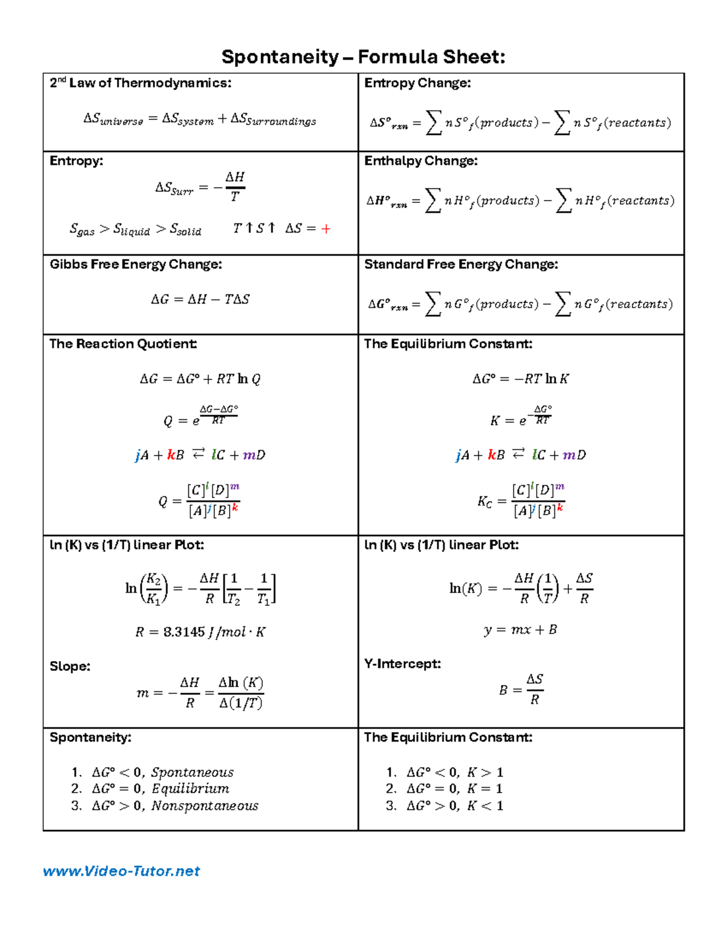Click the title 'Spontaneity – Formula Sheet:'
click(363, 57)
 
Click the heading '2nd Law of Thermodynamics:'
click(141, 83)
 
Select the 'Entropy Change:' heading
click(417, 83)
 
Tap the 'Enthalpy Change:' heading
click(420, 161)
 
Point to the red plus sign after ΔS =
click(326, 229)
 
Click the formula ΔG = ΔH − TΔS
click(200, 299)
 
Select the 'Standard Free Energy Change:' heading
click(460, 265)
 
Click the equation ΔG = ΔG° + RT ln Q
click(200, 379)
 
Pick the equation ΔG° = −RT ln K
click(520, 379)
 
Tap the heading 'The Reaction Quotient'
click(123, 344)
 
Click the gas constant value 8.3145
click(184, 632)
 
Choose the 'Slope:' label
click(70, 667)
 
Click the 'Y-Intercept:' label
click(402, 664)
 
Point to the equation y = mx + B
click(520, 630)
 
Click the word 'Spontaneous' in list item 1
click(192, 773)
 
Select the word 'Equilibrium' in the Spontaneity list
click(190, 789)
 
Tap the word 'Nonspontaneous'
click(205, 806)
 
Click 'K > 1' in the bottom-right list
click(485, 773)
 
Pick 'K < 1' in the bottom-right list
click(485, 806)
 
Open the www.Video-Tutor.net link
click(121, 871)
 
